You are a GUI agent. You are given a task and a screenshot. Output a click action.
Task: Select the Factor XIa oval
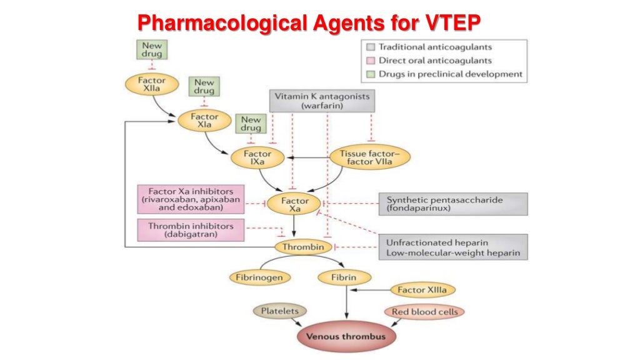(x=204, y=121)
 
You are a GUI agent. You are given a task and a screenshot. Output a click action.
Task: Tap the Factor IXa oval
(x=257, y=158)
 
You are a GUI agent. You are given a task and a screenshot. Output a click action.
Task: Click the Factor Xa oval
(x=294, y=205)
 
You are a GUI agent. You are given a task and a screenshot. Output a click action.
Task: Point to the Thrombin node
(x=303, y=247)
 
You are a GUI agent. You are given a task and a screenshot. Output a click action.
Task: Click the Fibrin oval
(x=344, y=276)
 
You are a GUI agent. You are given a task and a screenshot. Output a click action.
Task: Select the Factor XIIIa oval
(x=423, y=289)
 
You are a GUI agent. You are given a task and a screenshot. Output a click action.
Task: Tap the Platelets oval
(x=280, y=311)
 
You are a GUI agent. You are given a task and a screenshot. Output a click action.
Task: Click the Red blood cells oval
(x=424, y=311)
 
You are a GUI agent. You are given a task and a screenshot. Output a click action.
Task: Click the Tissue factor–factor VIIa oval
(x=370, y=157)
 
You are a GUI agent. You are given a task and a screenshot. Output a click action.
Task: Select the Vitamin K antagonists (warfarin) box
(x=322, y=101)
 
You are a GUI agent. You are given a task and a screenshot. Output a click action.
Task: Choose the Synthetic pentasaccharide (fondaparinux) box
(x=452, y=204)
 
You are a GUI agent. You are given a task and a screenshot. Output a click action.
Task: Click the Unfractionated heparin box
(x=452, y=247)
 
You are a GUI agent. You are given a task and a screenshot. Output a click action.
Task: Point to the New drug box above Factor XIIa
(x=151, y=50)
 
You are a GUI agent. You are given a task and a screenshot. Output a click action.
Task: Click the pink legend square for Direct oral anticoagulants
(x=371, y=61)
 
